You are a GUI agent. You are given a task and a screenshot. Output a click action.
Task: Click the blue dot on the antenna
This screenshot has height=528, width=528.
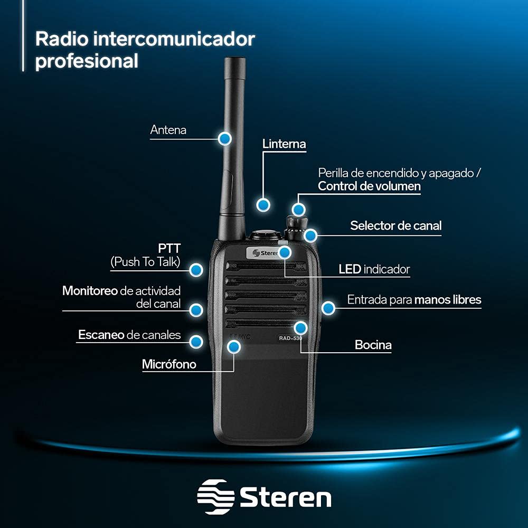click(225, 138)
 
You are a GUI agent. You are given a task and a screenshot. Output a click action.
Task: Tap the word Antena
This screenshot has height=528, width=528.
click(168, 130)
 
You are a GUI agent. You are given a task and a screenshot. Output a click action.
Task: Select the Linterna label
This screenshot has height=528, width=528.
click(284, 144)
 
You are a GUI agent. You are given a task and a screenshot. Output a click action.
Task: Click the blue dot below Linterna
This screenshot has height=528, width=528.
click(263, 204)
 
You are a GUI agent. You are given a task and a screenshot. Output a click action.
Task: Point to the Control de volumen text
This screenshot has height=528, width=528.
click(369, 186)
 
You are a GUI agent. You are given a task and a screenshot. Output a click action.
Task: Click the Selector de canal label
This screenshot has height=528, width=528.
click(395, 225)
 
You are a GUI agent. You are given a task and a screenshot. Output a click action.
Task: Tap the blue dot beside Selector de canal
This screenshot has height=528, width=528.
click(310, 235)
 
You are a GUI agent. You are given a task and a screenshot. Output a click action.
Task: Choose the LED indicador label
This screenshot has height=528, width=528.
click(374, 269)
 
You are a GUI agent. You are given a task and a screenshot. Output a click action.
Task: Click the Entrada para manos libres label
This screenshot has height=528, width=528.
click(414, 300)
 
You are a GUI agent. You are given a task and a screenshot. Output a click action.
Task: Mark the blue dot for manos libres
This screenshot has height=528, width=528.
click(328, 307)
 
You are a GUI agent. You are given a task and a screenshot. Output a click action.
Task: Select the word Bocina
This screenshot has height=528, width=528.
click(373, 345)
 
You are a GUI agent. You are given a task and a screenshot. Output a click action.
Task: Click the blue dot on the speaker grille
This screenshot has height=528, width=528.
click(300, 327)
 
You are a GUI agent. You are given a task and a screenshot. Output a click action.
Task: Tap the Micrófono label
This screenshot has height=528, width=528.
click(169, 364)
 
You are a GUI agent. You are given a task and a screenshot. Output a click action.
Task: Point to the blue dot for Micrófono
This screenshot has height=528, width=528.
click(233, 346)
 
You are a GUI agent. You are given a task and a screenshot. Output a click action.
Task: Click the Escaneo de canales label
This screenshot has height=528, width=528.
click(129, 335)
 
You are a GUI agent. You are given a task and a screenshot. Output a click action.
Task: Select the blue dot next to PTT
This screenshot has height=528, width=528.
click(196, 270)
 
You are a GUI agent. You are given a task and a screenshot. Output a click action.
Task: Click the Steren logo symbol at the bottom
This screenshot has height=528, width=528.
click(215, 497)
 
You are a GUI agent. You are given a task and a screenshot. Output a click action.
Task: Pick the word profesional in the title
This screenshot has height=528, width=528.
click(87, 61)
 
